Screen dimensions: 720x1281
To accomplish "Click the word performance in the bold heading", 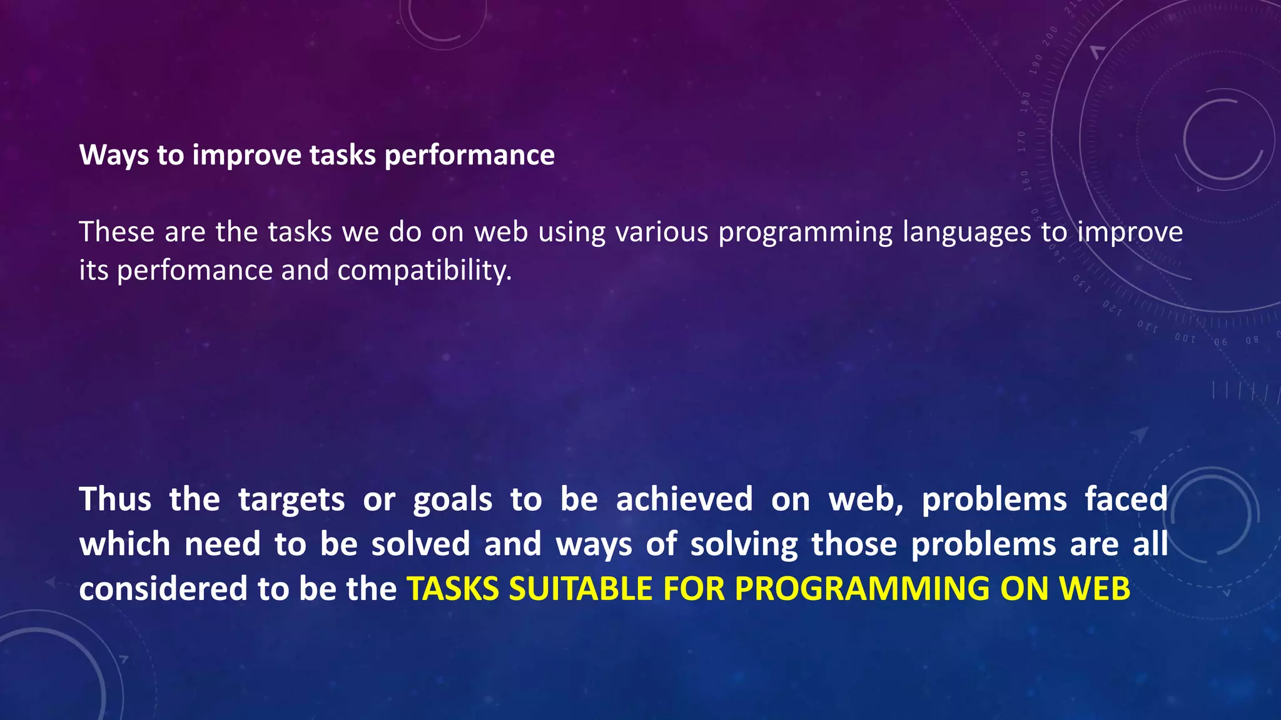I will click(x=469, y=156).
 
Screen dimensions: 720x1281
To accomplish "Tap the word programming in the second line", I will click(x=805, y=232).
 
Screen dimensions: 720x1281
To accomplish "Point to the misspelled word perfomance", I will click(x=195, y=271).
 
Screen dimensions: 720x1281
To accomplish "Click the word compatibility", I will click(x=424, y=271).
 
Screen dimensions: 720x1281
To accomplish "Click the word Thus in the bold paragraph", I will click(x=115, y=499).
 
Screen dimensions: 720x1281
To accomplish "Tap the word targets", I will click(x=291, y=499).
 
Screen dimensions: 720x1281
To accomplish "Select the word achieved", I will click(x=684, y=499).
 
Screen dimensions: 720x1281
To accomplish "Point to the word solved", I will click(x=420, y=544).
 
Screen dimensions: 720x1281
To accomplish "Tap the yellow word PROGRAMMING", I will click(x=862, y=589).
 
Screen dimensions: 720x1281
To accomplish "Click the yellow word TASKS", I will click(x=453, y=589).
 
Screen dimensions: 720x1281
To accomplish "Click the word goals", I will click(x=452, y=499).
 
